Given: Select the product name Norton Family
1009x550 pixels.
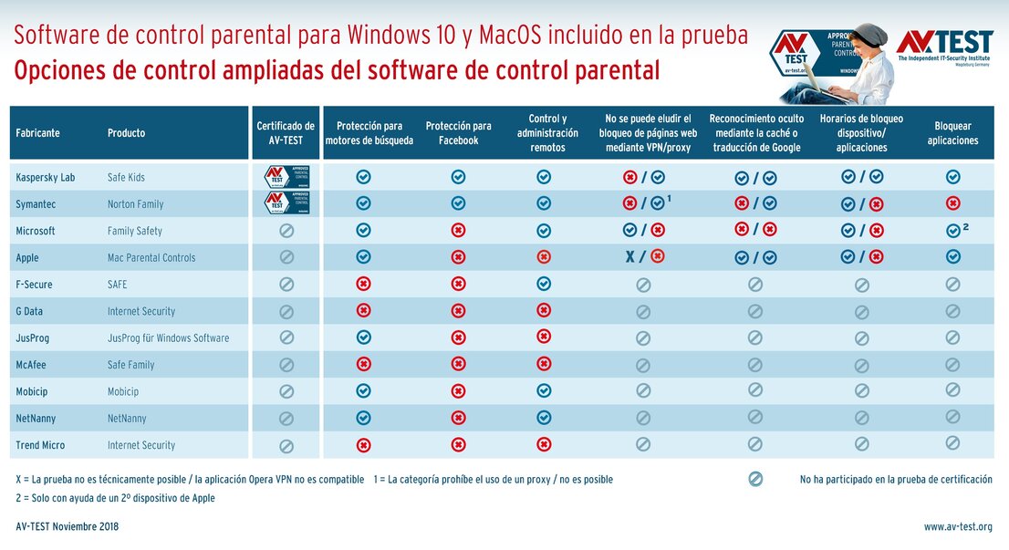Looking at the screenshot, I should click(135, 204).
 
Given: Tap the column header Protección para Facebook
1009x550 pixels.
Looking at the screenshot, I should click(458, 133).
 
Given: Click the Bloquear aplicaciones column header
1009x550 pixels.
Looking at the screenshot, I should click(952, 133).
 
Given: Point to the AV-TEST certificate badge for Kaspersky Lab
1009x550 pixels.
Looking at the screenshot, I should click(285, 177).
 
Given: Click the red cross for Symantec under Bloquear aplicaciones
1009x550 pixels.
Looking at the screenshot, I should click(952, 203).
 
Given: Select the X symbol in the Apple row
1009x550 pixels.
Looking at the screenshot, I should click(629, 257).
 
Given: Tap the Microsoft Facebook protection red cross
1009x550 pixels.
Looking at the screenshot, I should click(458, 231).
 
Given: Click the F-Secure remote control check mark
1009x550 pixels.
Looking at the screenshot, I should click(544, 284).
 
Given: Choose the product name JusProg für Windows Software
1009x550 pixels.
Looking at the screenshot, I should click(168, 338).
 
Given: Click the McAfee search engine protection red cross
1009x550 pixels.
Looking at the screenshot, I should click(363, 364).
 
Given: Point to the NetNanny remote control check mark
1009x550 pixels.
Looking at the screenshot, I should click(544, 418).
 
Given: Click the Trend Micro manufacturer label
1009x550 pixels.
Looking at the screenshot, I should click(40, 445).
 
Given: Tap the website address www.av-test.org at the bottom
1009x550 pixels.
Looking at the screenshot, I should click(957, 526).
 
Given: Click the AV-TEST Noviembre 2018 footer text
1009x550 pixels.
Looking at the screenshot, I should click(68, 526).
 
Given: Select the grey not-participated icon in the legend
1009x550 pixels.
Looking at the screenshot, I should click(754, 479).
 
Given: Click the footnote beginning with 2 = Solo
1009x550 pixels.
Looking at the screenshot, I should click(115, 498).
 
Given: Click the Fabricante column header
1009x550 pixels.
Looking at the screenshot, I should click(37, 133).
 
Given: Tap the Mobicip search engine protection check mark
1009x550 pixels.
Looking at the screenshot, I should click(363, 390).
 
